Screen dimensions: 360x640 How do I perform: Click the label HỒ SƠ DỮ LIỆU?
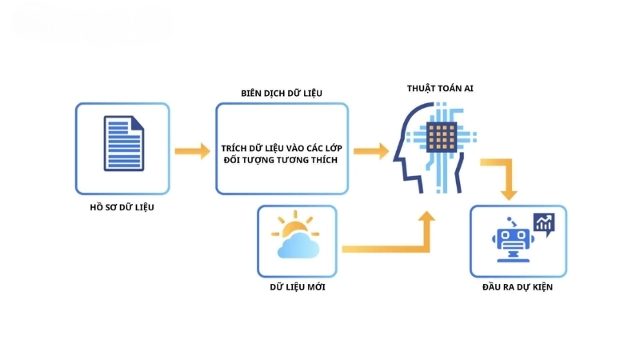[122, 208]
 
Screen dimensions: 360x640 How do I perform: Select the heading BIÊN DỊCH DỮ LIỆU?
[282, 93]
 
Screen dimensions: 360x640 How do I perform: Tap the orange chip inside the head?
[438, 138]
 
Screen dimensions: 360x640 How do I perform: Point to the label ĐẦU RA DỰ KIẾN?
[518, 286]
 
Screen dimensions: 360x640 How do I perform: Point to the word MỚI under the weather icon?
[314, 286]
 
